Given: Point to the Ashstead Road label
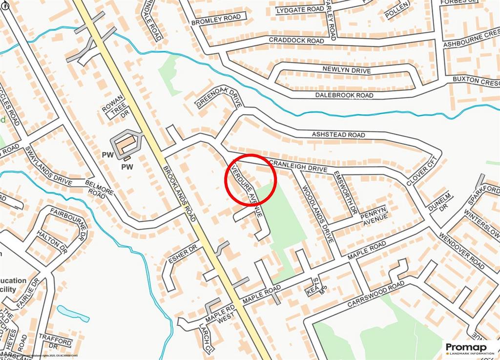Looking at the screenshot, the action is coord(338,134).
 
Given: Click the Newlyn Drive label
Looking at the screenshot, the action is coord(347,70).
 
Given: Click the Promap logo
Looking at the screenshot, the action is coord(470,349).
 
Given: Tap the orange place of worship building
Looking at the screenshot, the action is coord(126,143).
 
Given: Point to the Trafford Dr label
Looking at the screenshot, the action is coord(56,341).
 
